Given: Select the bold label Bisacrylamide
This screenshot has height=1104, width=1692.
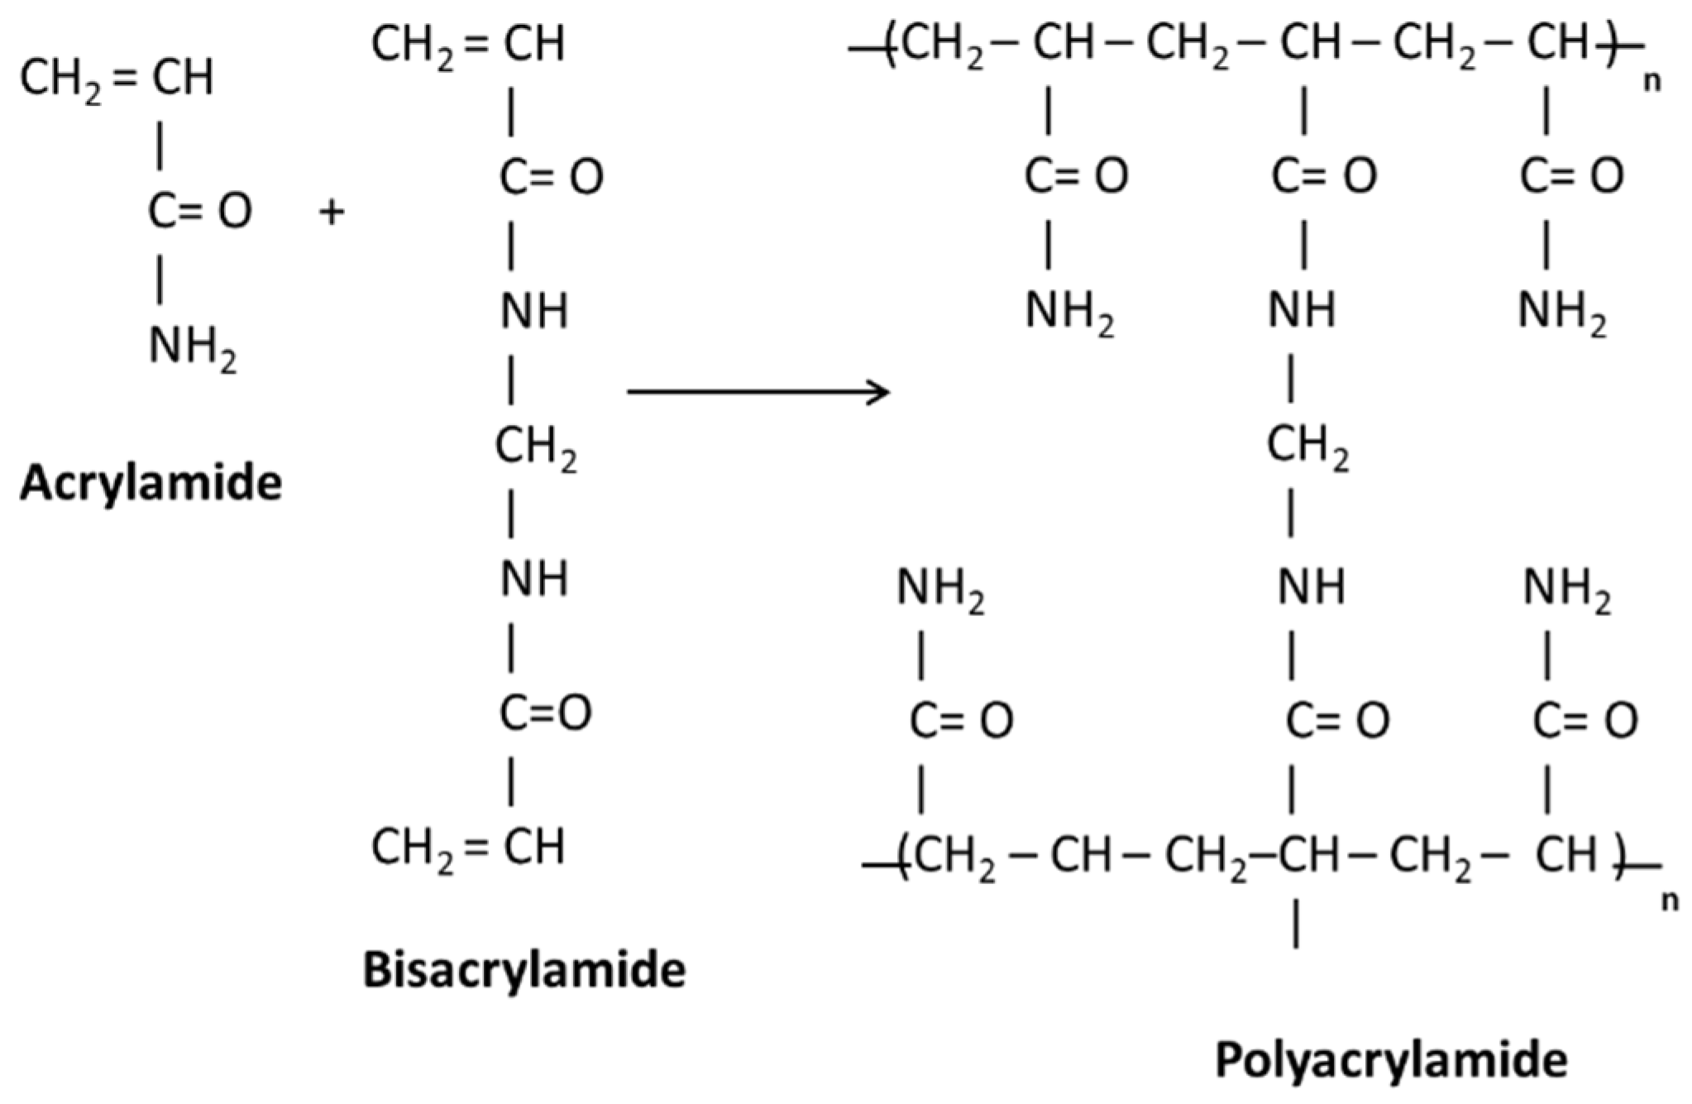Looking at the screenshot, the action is point(524,969).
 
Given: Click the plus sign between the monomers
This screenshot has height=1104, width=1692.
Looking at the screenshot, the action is point(331,213).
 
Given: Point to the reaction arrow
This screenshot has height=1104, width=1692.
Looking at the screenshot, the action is point(758,391).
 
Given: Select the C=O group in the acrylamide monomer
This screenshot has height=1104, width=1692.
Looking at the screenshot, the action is point(199,211).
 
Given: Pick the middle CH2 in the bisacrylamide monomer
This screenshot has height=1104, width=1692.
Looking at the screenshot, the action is point(535,448).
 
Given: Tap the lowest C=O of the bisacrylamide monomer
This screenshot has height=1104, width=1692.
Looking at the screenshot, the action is point(545,712).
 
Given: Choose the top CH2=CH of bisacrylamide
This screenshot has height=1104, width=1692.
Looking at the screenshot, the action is point(468,45).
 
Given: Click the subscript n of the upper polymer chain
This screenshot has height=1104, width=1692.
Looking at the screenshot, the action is point(1651,84).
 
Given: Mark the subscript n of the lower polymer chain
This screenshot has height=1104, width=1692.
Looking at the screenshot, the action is point(1670,901).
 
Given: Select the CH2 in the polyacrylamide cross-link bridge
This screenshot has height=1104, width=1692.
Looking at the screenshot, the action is point(1307,448).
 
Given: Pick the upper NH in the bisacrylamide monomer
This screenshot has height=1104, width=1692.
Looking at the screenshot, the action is point(534,313).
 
